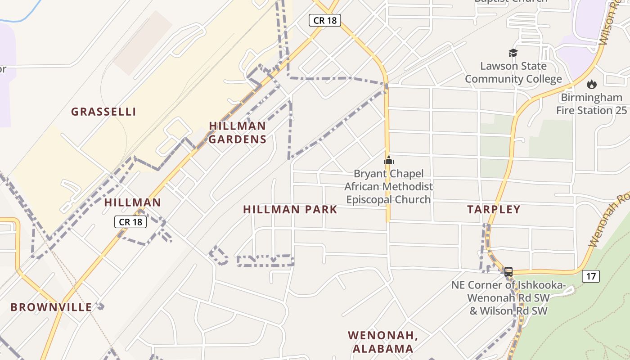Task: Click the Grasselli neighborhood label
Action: coord(103,112)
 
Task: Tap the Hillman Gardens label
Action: coord(238,132)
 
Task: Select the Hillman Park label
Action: coord(290,209)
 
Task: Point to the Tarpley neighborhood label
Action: coord(494,209)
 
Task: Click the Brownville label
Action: coord(51,307)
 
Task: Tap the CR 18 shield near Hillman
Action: coord(130,222)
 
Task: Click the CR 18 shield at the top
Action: coord(324,20)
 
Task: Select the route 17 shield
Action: coord(590,276)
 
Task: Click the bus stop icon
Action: coord(508,271)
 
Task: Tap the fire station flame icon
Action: coord(591,84)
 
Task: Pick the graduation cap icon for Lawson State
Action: coord(513,53)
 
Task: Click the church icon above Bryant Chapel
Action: coord(388,160)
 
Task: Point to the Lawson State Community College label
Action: coord(513,72)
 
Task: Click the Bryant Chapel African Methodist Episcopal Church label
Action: coord(388,186)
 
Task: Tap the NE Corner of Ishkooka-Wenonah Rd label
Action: coord(508,297)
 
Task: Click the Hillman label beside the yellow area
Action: coord(132,202)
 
